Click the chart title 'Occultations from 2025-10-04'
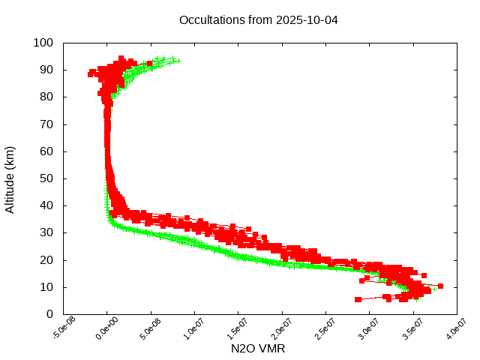click(258, 19)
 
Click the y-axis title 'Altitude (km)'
click(10, 178)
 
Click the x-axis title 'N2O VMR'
click(258, 349)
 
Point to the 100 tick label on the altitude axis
click(43, 43)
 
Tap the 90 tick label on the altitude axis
click(46, 70)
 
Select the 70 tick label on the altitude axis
click(46, 124)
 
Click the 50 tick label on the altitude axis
click(46, 178)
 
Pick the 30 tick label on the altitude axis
click(46, 232)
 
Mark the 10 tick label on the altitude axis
click(46, 287)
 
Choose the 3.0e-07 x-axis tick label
click(368, 329)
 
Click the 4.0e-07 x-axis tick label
click(456, 329)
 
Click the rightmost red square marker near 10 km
click(440, 286)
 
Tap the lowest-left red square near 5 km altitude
click(358, 299)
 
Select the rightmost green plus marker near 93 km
click(178, 61)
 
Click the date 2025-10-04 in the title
click(308, 19)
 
